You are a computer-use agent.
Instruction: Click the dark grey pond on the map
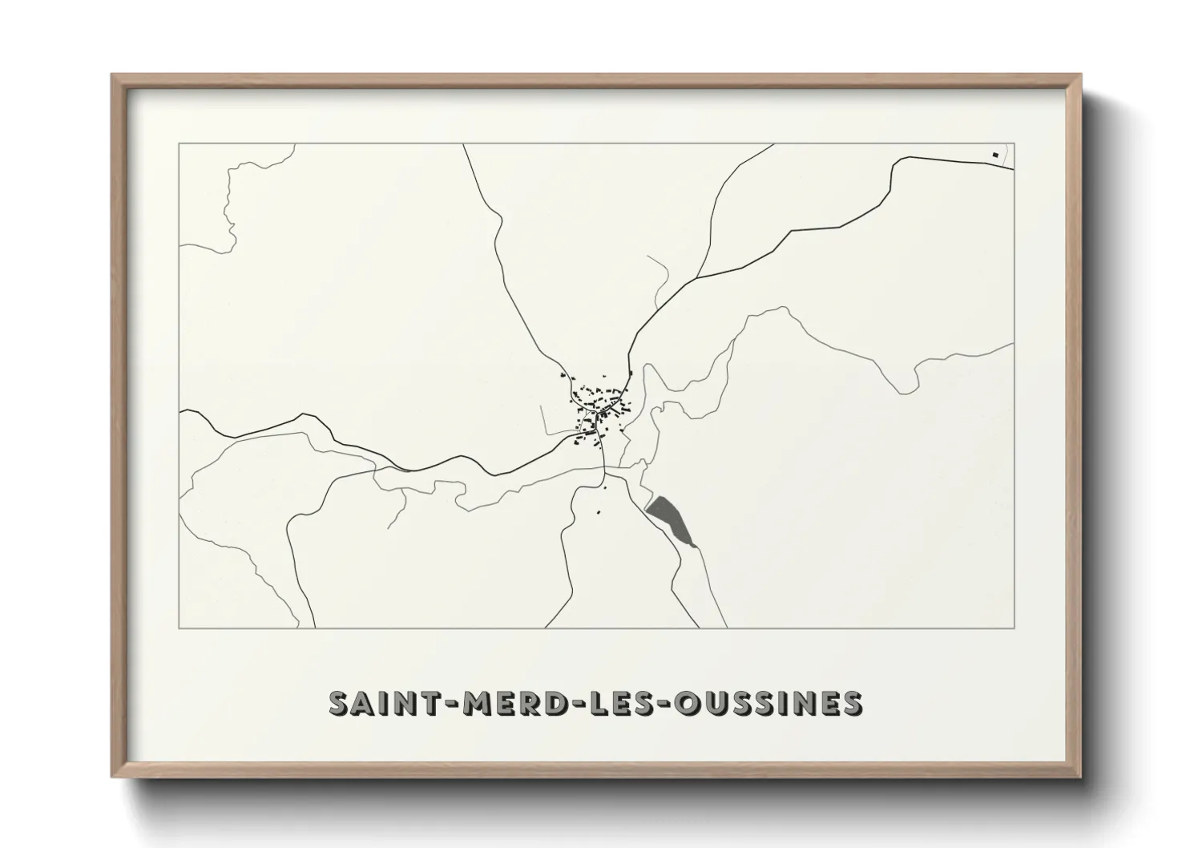(x=672, y=520)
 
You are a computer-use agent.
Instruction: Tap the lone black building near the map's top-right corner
(x=995, y=155)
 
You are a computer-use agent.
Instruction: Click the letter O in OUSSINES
(x=687, y=703)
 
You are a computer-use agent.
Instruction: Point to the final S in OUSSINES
(x=851, y=703)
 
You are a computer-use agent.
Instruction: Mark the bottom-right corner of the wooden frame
(x=1081, y=777)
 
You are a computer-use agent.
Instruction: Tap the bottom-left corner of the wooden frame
(x=113, y=777)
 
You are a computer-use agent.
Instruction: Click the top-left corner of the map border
(x=179, y=144)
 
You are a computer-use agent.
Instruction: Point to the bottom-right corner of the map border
(x=1014, y=628)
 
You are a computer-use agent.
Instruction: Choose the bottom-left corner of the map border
(x=179, y=628)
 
